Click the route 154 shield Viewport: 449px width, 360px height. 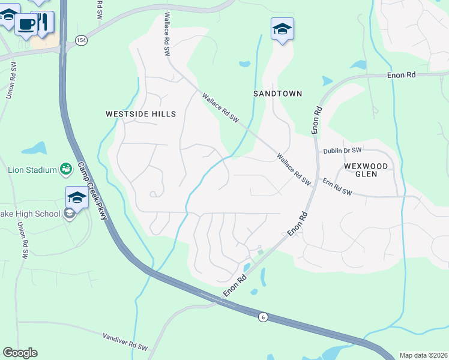80,40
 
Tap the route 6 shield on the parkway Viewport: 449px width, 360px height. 263,316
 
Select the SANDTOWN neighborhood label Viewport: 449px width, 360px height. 277,94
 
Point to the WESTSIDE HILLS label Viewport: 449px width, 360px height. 141,114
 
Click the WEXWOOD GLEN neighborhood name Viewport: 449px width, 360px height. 369,169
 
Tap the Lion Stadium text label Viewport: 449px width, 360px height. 32,170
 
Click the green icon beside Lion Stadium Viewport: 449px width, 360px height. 66,170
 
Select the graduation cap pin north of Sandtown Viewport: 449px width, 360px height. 282,29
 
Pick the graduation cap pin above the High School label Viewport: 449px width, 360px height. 77,196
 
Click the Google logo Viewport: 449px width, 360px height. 20,353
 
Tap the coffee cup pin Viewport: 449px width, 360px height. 26,25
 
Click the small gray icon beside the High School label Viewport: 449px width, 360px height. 70,214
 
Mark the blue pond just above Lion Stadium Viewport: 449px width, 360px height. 35,148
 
